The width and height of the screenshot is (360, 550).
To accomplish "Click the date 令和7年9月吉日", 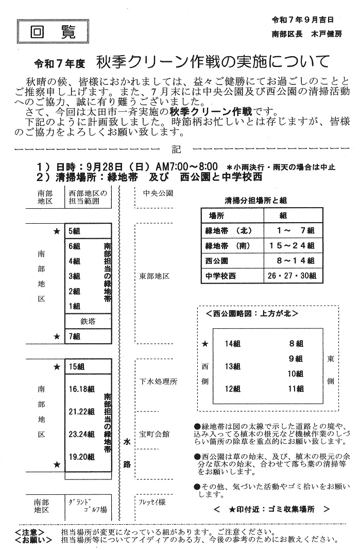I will tap(303, 20).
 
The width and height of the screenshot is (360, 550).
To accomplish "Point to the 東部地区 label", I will tap(155, 276).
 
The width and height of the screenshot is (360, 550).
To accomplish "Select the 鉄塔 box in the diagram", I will tap(88, 321).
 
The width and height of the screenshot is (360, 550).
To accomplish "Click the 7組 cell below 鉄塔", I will tap(74, 336).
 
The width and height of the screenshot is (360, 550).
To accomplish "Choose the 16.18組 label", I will tap(81, 389).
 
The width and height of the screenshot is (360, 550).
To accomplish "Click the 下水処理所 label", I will tap(159, 382).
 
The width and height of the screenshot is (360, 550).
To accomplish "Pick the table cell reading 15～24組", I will tap(292, 245).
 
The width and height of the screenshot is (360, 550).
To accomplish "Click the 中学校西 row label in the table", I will tap(220, 276).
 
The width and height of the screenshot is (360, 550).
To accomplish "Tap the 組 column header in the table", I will tap(283, 215).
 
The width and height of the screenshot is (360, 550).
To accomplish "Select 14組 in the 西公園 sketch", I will tap(233, 343).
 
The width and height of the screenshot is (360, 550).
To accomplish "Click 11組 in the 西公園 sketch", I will tap(296, 389).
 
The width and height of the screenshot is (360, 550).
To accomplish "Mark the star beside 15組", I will tap(57, 367).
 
